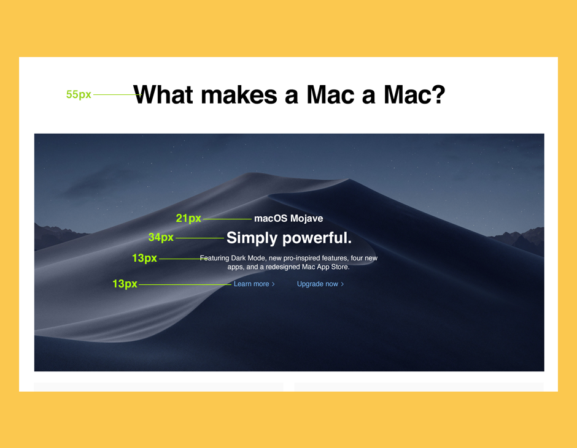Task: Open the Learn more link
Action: point(254,284)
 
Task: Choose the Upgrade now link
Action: point(320,284)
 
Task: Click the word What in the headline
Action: point(163,95)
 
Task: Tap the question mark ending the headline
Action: point(437,94)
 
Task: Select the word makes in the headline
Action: point(239,95)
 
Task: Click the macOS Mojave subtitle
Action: point(288,218)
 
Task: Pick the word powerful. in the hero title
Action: point(317,238)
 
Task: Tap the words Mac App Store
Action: point(326,267)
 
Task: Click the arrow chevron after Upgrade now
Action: point(343,284)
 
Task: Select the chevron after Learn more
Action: point(273,284)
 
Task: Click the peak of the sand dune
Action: point(254,173)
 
